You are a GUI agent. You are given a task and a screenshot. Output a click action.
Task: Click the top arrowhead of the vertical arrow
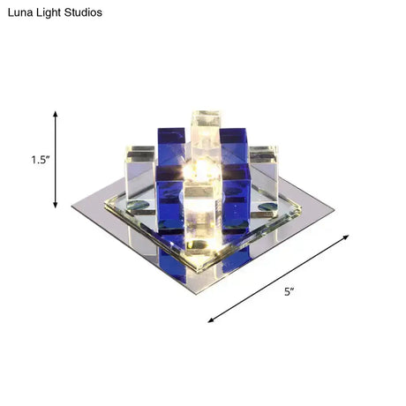coord(56,116)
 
